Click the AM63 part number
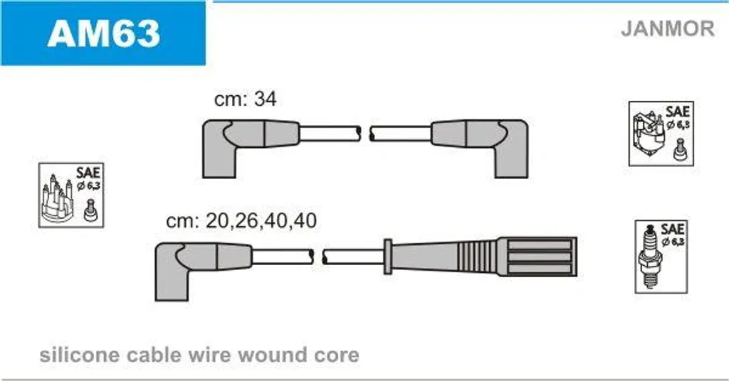(x=104, y=33)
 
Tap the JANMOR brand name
(x=667, y=28)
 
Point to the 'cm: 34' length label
(x=245, y=99)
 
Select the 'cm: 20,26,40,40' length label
(x=241, y=220)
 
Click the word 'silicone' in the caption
(x=79, y=355)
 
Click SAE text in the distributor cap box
(x=88, y=172)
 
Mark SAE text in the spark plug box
(x=672, y=229)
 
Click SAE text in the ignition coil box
(x=678, y=112)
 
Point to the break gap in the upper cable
(x=365, y=134)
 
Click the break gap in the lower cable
(x=318, y=257)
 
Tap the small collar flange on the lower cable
(x=388, y=257)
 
